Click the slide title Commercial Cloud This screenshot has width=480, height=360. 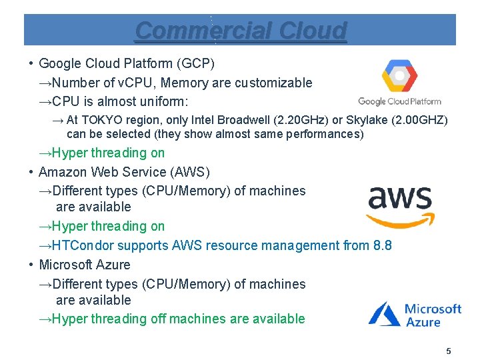(241, 31)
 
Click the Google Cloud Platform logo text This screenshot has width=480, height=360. (399, 101)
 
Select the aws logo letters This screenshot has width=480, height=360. (400, 199)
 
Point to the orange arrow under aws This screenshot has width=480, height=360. (401, 219)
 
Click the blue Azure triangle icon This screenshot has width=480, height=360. (385, 313)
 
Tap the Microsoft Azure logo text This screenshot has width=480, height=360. (433, 315)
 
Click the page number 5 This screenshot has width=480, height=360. (449, 351)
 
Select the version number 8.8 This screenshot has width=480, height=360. (382, 245)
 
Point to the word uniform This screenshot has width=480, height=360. (163, 101)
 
